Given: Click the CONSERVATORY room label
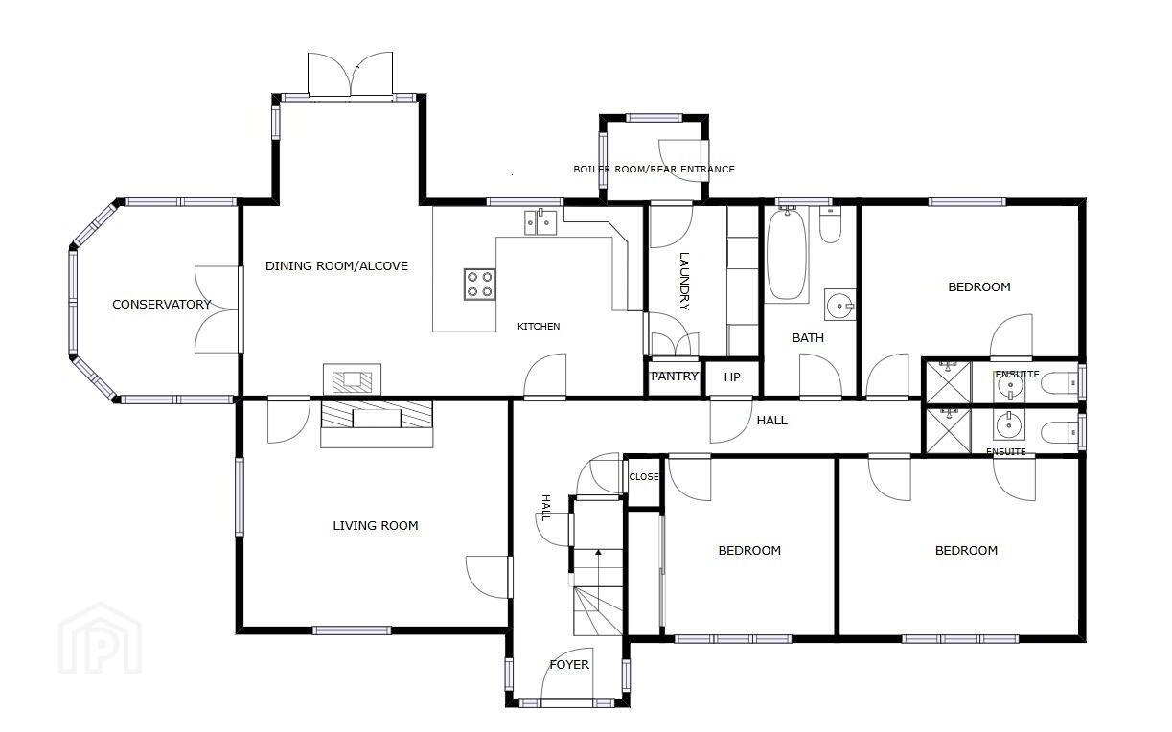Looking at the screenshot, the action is click(x=162, y=304).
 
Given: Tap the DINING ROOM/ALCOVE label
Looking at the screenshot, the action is click(x=336, y=265).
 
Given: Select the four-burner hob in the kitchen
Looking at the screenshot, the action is click(x=480, y=285).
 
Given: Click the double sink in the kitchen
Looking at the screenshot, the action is click(x=540, y=222).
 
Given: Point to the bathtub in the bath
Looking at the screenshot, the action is click(x=787, y=254).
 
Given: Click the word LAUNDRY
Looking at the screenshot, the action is click(x=684, y=282).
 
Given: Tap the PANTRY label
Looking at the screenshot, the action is click(x=675, y=377).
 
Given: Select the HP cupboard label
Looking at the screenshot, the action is click(x=732, y=377).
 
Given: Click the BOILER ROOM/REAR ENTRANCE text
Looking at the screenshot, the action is click(x=654, y=169).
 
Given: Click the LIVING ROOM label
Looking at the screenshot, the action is click(x=376, y=525).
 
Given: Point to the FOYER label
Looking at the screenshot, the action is click(x=569, y=665).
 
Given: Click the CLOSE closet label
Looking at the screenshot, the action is click(x=644, y=477).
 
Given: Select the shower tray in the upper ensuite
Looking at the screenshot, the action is click(x=949, y=382).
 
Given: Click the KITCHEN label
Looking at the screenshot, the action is click(x=539, y=327).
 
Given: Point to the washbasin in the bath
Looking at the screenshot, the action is click(x=839, y=305).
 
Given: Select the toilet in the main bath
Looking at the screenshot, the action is click(x=830, y=225).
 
